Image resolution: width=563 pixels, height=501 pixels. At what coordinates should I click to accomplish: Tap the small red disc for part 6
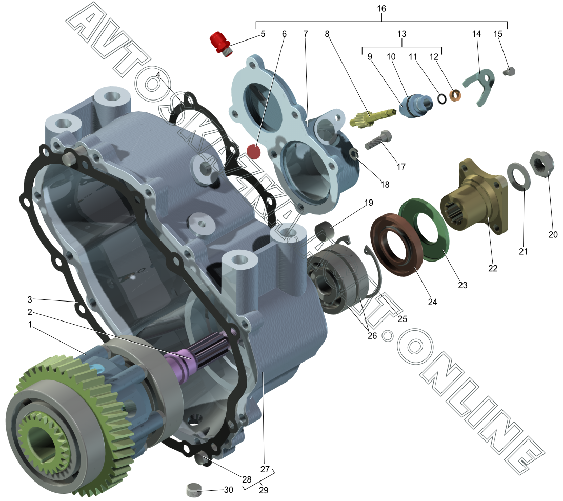254,152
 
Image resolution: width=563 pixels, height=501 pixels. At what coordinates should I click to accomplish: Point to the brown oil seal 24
396,245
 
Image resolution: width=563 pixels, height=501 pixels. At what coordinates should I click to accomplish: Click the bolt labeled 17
378,140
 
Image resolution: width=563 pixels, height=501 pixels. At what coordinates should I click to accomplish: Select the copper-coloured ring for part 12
455,95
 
